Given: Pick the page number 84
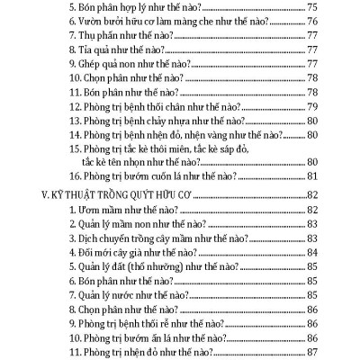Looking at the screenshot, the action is pos(313,251).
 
